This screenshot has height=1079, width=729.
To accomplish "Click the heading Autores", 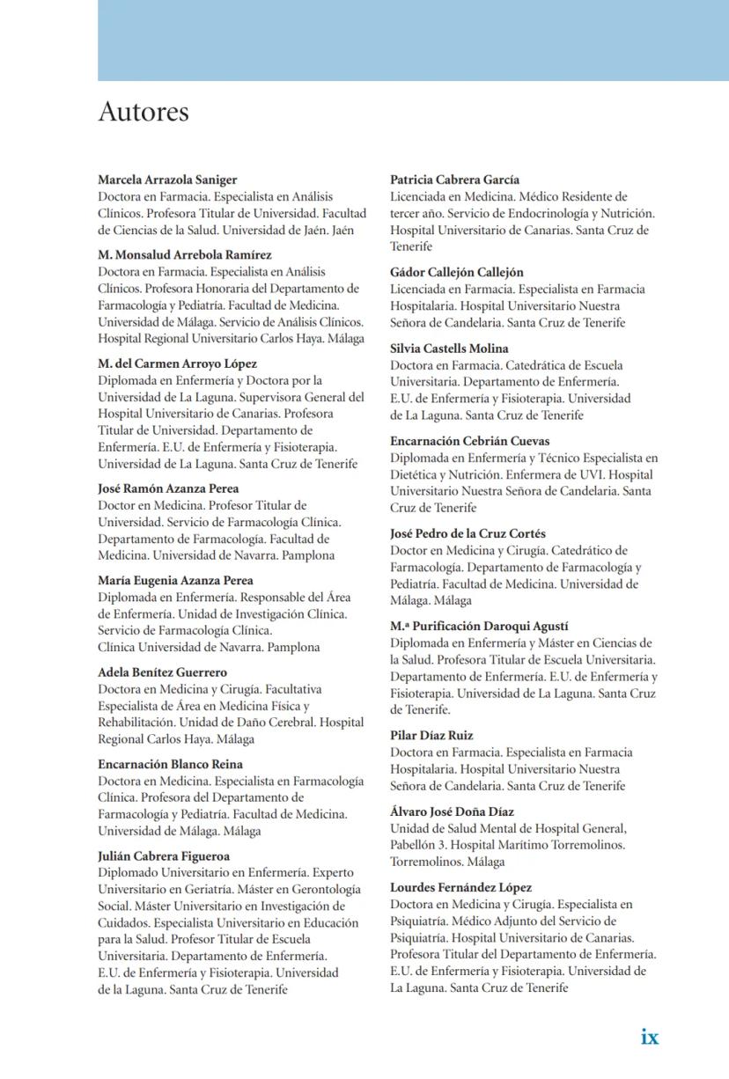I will (143, 113).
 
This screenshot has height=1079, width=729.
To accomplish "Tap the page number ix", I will (650, 1037).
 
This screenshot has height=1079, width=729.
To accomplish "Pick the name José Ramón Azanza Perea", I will (168, 488).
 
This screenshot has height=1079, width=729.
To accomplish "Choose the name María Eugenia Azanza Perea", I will (175, 581).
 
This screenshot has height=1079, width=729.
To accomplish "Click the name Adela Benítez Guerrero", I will (162, 672).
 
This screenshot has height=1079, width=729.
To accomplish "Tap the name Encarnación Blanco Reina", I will (170, 765).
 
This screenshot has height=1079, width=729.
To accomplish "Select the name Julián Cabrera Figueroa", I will (164, 856).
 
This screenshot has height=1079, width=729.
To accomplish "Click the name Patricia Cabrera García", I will (454, 180).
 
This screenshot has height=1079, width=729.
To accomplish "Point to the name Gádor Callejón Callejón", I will (457, 273).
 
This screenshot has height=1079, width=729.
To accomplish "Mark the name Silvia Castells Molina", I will (449, 349).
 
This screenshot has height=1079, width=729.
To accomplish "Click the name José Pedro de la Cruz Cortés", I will (468, 533).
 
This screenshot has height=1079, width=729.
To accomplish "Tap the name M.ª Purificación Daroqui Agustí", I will (479, 626).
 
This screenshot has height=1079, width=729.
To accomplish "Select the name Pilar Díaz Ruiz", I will (431, 736).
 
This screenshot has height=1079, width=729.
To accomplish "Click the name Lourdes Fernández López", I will (460, 888).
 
